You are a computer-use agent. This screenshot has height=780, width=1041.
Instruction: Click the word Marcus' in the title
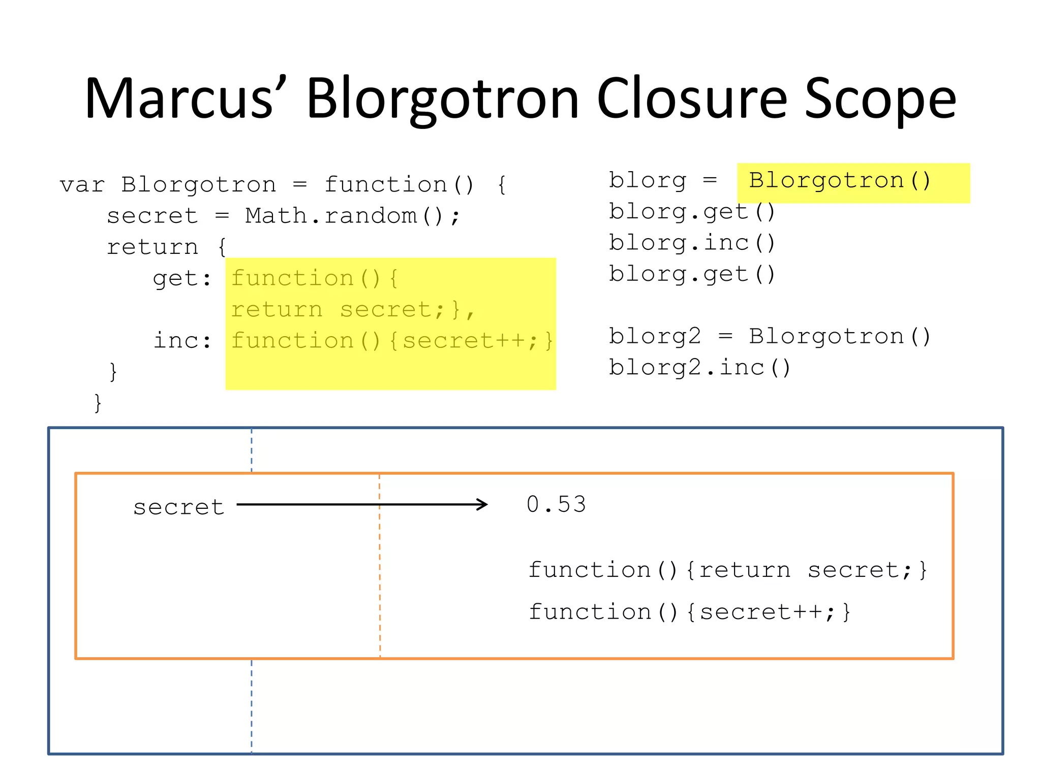[186, 99]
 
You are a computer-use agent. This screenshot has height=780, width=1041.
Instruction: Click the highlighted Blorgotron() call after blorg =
[840, 181]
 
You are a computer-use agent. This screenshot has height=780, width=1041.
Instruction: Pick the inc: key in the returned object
[182, 341]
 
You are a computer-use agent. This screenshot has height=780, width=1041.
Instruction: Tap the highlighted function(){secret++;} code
[392, 341]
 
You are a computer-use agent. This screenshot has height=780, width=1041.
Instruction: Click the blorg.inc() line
[692, 243]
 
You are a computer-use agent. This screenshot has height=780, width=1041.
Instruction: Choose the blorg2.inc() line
[699, 368]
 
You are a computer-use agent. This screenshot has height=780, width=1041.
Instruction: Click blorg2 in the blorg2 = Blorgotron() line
[655, 337]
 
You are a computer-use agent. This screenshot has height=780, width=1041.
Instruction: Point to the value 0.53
[556, 505]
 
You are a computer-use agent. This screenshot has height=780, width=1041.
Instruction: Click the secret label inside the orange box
[178, 507]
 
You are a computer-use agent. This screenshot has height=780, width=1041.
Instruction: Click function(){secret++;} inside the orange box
[689, 612]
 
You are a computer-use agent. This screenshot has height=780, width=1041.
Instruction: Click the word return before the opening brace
[152, 247]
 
